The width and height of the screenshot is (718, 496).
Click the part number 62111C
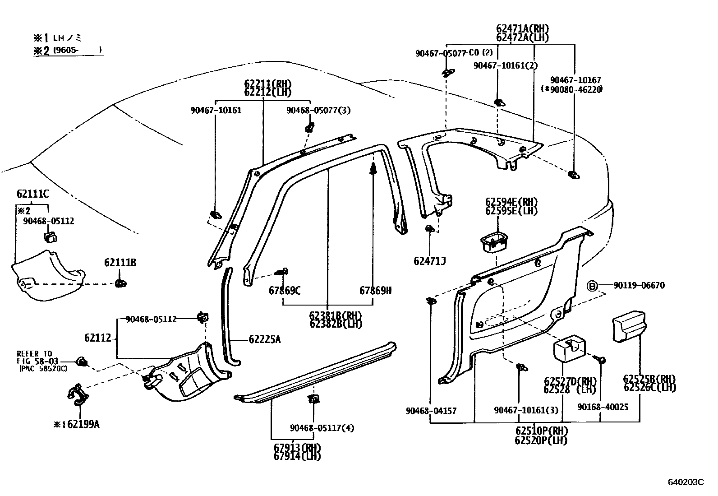tap(32, 194)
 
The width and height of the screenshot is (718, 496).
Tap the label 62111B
tap(120, 263)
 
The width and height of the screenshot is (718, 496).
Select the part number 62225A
tap(264, 339)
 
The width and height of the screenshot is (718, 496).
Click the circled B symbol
tap(592, 286)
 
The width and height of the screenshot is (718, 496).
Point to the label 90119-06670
tap(639, 285)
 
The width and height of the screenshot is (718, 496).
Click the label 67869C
tap(285, 291)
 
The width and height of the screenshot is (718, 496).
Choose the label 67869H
tap(375, 291)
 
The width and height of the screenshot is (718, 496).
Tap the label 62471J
tap(429, 261)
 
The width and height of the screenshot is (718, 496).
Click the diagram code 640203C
tap(686, 482)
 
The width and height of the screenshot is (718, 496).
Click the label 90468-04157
tap(431, 411)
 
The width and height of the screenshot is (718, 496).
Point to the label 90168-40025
tap(603, 407)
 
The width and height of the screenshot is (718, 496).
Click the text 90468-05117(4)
tap(322, 428)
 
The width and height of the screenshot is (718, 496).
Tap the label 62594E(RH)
tap(511, 202)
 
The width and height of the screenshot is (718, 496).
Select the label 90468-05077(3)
tap(318, 110)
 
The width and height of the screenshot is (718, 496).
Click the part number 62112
tap(97, 337)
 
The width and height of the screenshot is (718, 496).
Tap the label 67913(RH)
tap(297, 448)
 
